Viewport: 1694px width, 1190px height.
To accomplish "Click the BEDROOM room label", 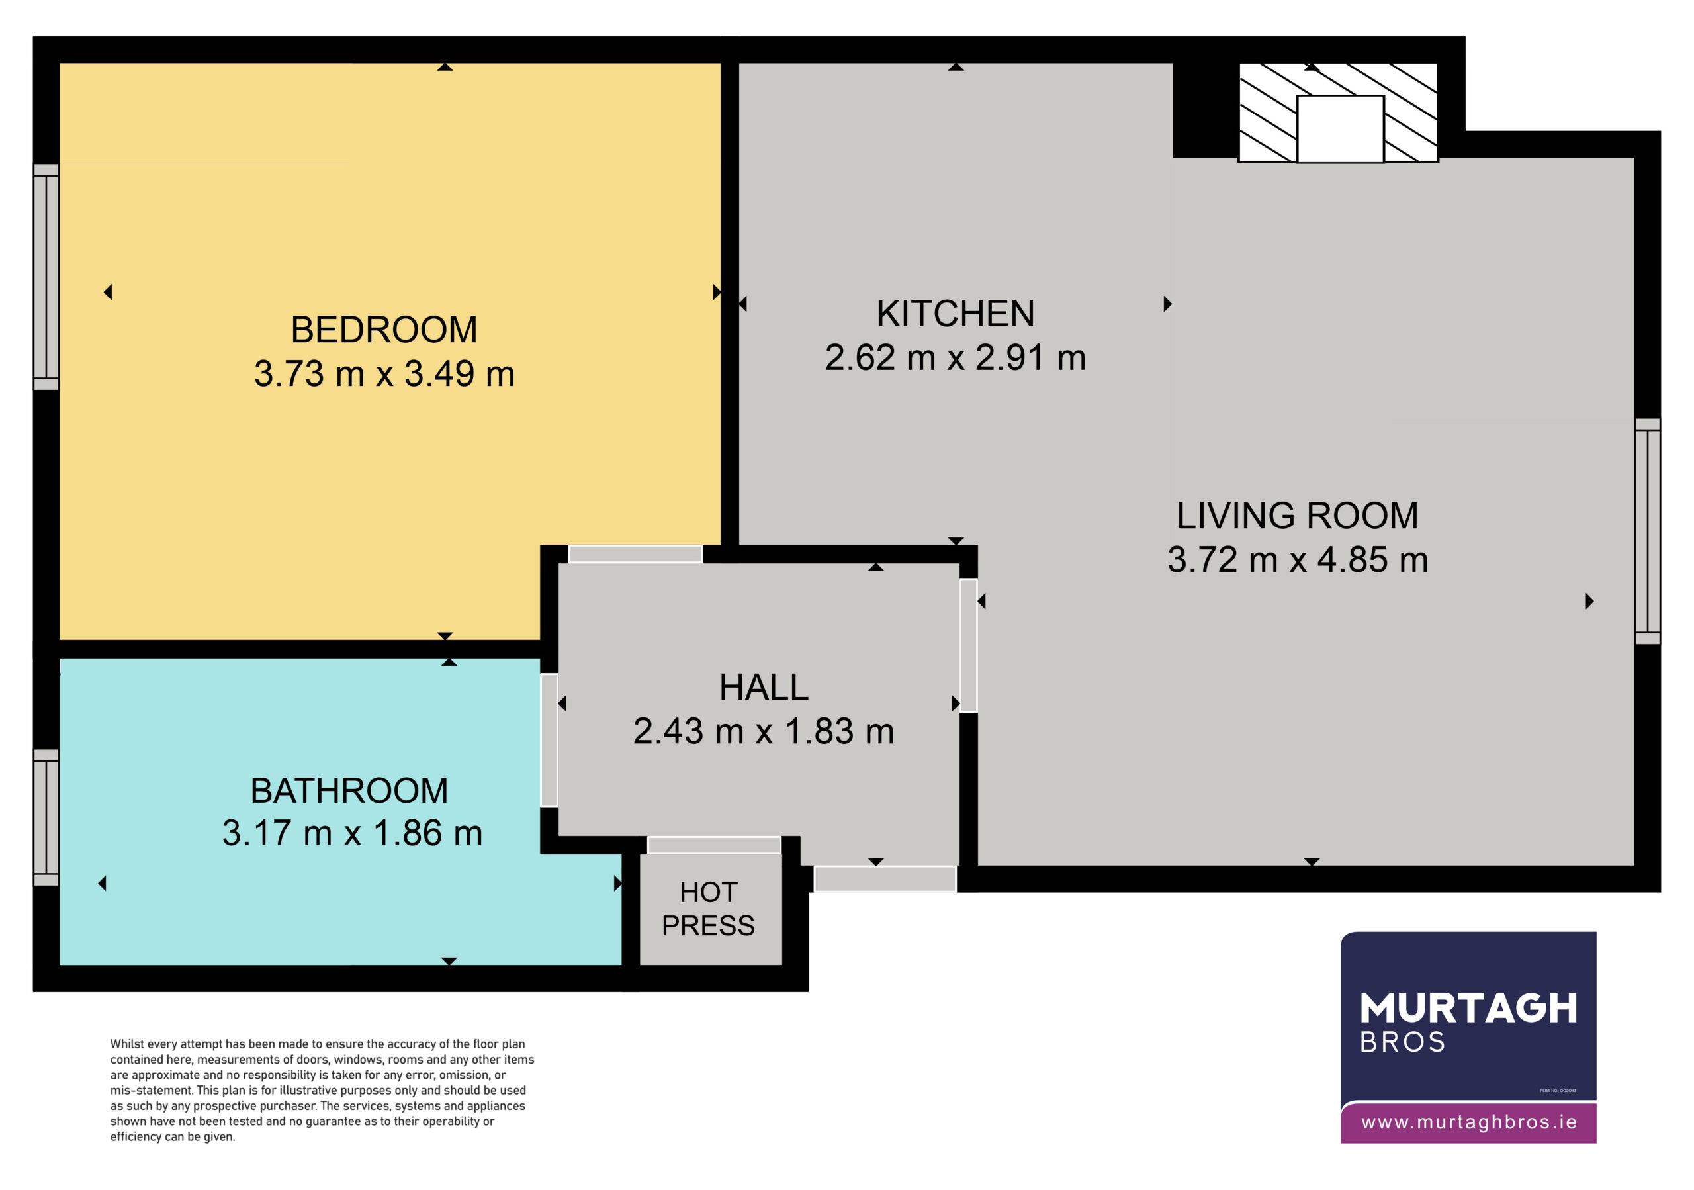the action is pyautogui.click(x=384, y=330).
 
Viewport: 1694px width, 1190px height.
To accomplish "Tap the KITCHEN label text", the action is pyautogui.click(x=956, y=314).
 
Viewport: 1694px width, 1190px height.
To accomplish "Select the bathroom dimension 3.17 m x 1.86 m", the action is pyautogui.click(x=353, y=833).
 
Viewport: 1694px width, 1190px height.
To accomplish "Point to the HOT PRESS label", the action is pyautogui.click(x=708, y=909).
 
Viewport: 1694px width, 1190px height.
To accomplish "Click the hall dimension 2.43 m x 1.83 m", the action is pyautogui.click(x=764, y=731).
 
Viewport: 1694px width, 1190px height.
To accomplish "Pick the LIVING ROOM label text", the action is pyautogui.click(x=1297, y=516).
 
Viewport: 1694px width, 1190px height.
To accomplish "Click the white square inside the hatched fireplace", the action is pyautogui.click(x=1340, y=129).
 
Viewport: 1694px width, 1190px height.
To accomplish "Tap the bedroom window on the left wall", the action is pyautogui.click(x=46, y=277).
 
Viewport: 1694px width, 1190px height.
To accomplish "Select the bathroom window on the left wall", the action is pyautogui.click(x=46, y=817).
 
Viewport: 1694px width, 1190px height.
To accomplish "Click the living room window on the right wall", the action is pyautogui.click(x=1648, y=531).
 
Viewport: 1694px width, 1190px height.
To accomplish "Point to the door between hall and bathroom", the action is pyautogui.click(x=549, y=740).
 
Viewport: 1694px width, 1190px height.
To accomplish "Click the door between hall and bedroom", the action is pyautogui.click(x=635, y=553).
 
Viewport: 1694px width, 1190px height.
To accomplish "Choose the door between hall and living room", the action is pyautogui.click(x=969, y=645).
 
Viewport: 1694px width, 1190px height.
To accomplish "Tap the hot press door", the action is pyautogui.click(x=714, y=845).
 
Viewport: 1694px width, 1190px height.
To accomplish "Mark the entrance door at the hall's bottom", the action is pyautogui.click(x=885, y=879).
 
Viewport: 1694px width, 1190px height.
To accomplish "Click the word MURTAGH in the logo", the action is pyautogui.click(x=1468, y=1009).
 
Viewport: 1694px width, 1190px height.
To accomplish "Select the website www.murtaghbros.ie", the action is pyautogui.click(x=1469, y=1122).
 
